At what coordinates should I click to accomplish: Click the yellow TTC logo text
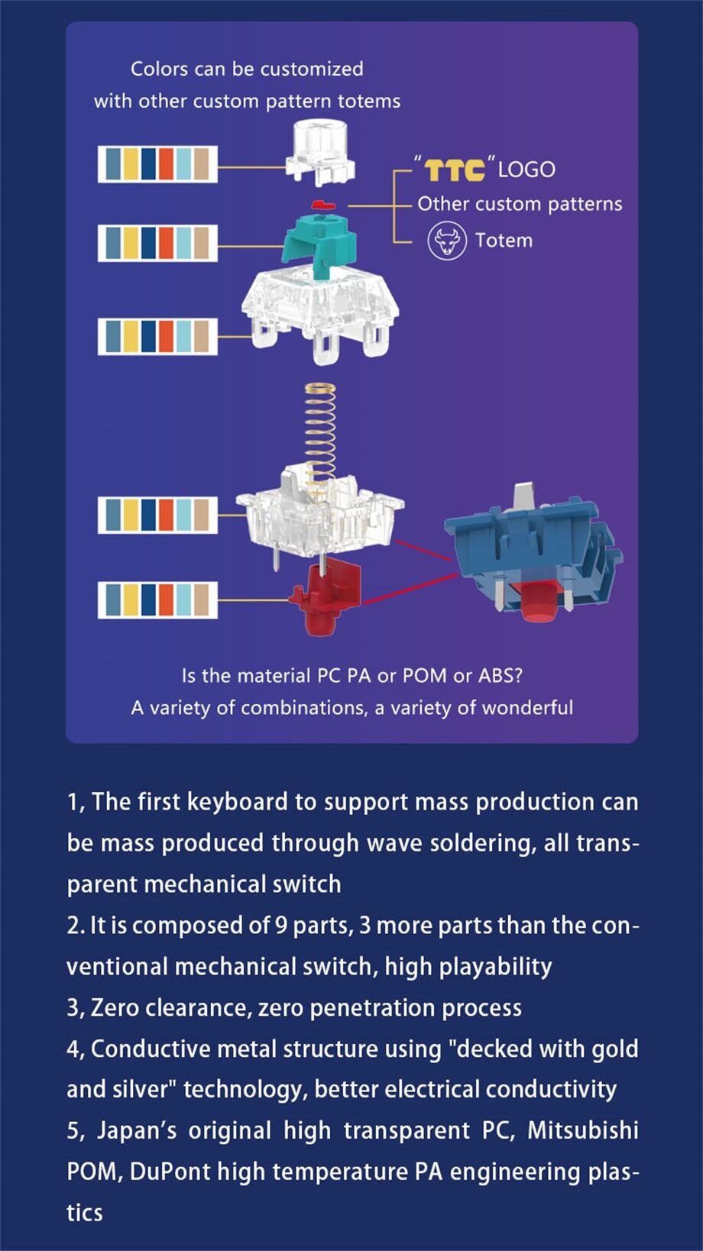pyautogui.click(x=455, y=170)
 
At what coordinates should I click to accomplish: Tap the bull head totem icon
pyautogui.click(x=446, y=241)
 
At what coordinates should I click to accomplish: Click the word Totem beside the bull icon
pyautogui.click(x=504, y=241)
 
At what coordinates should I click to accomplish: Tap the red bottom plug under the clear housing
pyautogui.click(x=325, y=598)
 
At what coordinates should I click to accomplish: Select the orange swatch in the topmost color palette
pyautogui.click(x=166, y=164)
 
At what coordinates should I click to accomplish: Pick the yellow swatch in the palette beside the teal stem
pyautogui.click(x=130, y=243)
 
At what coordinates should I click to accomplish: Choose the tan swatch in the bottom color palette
pyautogui.click(x=201, y=600)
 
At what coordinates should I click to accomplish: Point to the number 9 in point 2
pyautogui.click(x=281, y=926)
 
